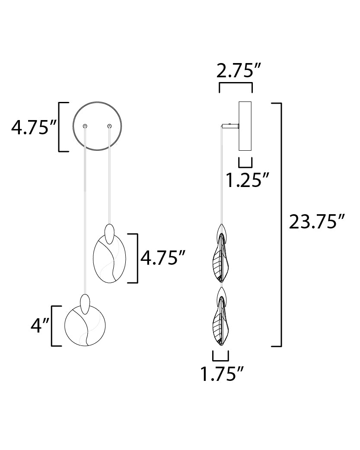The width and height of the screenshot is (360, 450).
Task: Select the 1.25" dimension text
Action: [x=247, y=180]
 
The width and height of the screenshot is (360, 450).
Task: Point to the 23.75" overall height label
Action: [x=316, y=222]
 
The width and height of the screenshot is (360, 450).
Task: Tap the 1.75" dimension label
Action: [x=222, y=374]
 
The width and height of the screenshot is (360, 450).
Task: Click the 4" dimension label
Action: [x=40, y=326]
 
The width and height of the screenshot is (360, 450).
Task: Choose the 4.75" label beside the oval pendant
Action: [x=162, y=257]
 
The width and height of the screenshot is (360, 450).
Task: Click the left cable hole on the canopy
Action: [x=85, y=126]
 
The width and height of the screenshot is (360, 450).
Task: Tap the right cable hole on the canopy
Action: [x=109, y=126]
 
